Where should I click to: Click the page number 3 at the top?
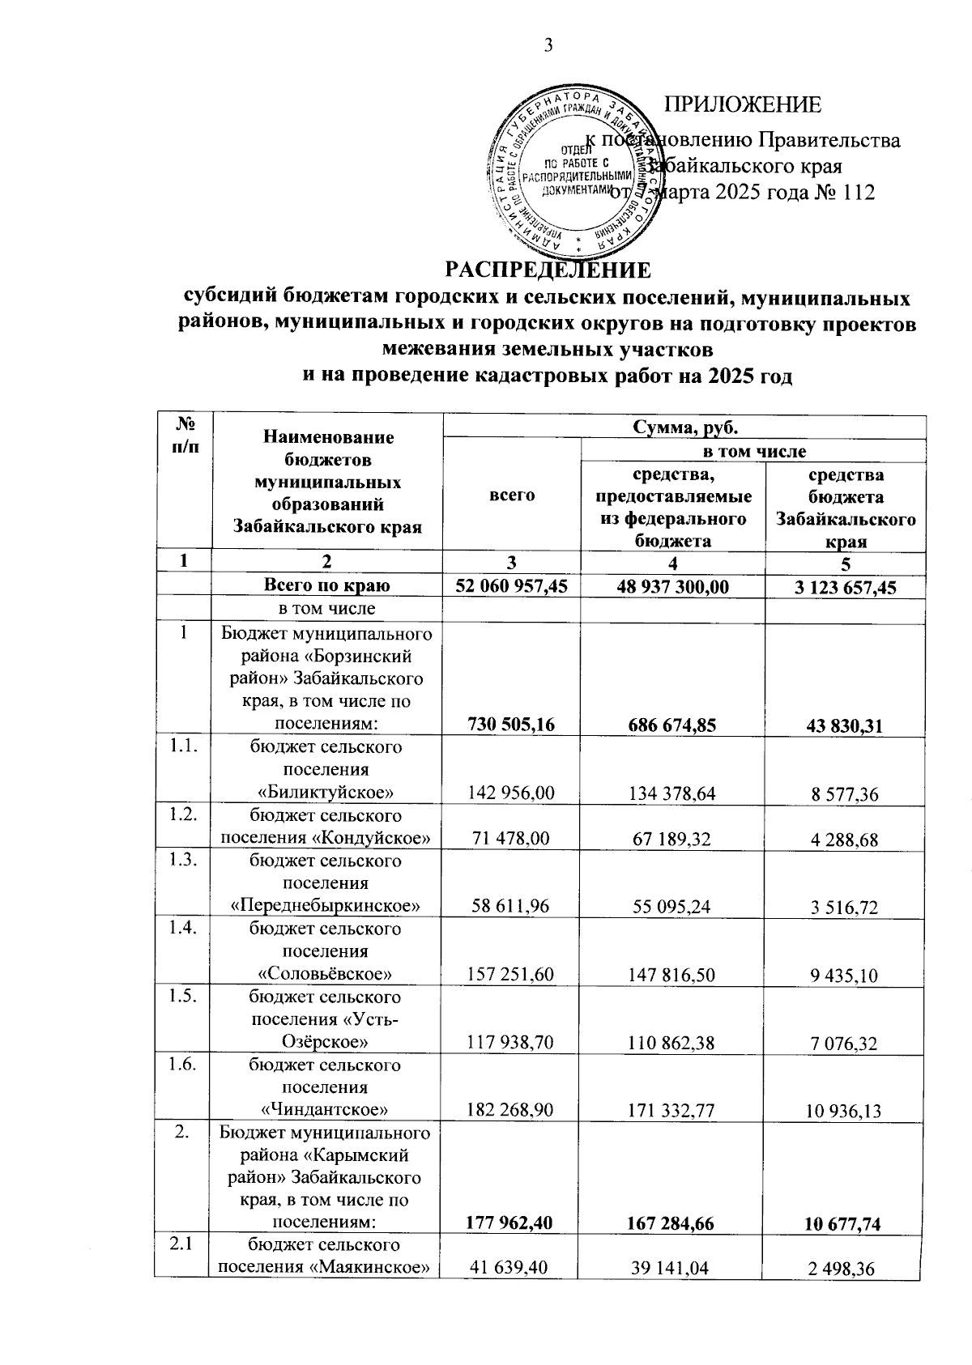click(x=548, y=46)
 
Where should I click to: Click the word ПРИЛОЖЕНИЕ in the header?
click(x=742, y=105)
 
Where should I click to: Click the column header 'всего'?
click(x=512, y=495)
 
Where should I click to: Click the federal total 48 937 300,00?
click(x=672, y=587)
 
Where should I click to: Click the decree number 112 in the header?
click(x=858, y=193)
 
